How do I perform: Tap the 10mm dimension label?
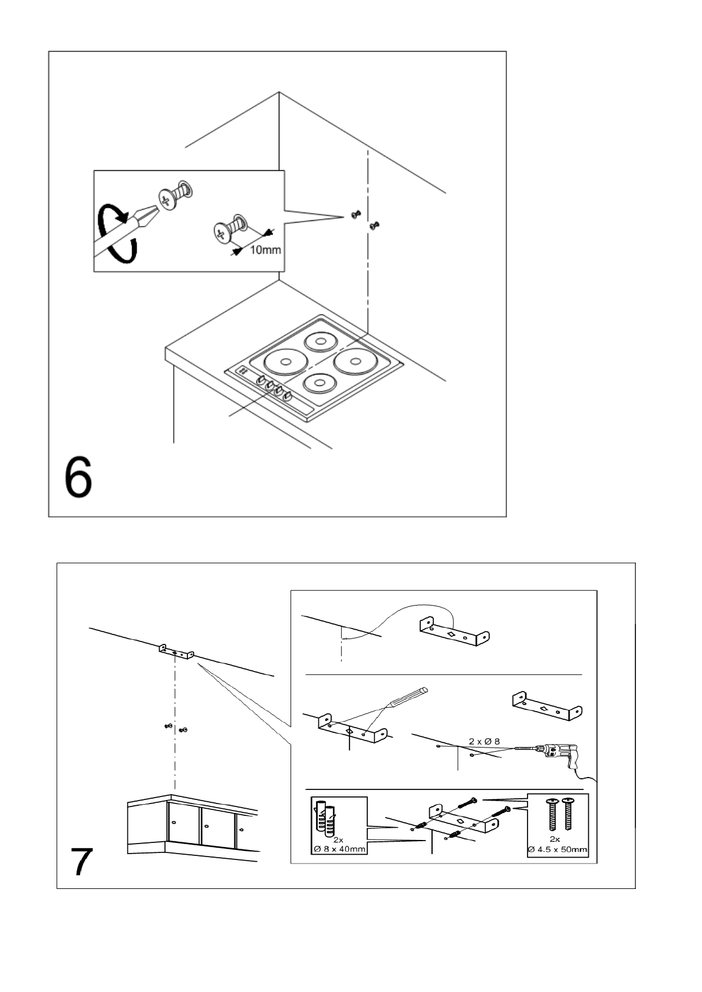pos(265,250)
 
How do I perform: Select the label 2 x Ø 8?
pos(484,741)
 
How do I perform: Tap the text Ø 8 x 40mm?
pos(339,849)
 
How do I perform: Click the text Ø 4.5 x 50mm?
pos(558,849)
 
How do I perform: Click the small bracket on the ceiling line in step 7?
pos(176,652)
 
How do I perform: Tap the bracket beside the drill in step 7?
pos(547,705)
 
